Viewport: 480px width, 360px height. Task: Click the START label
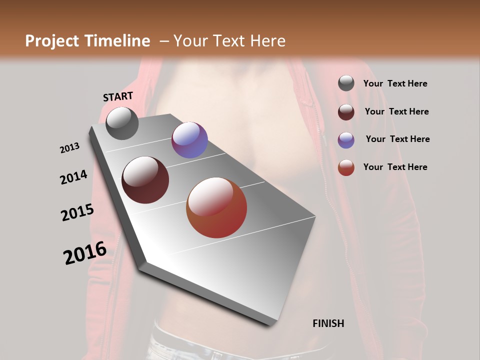118,96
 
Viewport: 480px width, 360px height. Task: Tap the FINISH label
328,323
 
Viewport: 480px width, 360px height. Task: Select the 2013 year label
70,147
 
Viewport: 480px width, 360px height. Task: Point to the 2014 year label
73,177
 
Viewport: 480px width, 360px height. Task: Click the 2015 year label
77,212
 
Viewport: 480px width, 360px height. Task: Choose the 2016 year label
85,252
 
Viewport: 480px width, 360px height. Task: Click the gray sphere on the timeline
122,123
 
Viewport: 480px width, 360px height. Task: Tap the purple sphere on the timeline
189,140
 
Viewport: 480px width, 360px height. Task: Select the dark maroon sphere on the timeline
145,180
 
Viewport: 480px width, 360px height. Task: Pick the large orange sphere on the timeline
216,207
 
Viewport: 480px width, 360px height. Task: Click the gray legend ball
346,83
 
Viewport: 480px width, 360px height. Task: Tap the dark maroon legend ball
346,112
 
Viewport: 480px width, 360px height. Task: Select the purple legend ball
346,140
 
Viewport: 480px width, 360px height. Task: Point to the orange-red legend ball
346,167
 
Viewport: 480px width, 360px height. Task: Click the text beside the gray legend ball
395,83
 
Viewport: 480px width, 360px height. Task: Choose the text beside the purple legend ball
397,139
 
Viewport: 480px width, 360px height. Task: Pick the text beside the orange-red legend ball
395,167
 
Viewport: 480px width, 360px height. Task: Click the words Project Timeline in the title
87,41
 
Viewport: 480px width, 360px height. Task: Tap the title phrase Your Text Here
229,41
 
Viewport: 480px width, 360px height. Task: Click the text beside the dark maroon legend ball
396,111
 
